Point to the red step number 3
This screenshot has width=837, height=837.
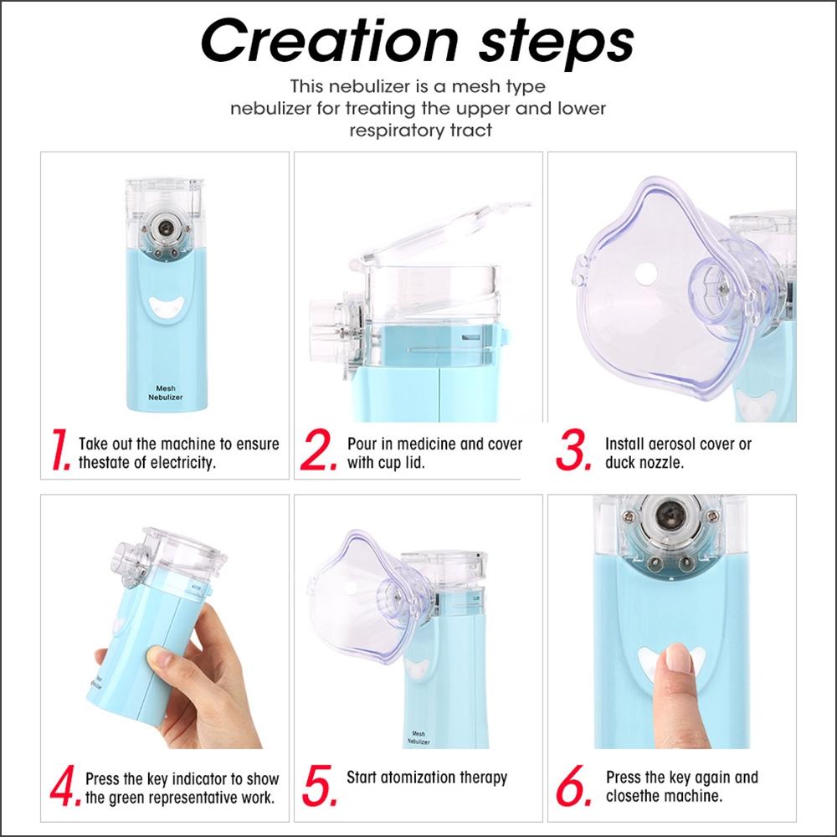point(575,453)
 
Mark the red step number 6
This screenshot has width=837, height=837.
point(576,787)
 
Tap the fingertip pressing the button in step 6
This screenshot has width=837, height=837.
point(677,662)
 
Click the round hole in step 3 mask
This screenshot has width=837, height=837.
point(644,273)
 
